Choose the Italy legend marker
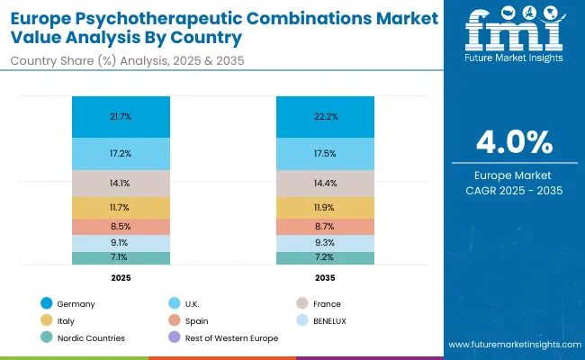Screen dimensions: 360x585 [47, 320]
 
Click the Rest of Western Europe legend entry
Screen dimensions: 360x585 [230, 337]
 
